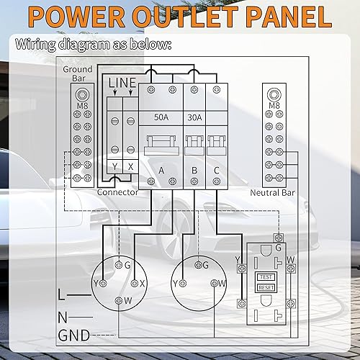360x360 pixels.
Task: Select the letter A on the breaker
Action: coord(161,171)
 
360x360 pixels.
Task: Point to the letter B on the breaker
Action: coord(194,171)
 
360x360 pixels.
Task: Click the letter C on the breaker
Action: coord(217,171)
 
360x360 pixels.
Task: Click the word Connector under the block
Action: coord(117,192)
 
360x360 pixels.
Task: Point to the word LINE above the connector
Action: coord(122,84)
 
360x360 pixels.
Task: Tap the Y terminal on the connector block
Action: coord(114,166)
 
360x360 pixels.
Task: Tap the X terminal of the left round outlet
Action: coord(143,283)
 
